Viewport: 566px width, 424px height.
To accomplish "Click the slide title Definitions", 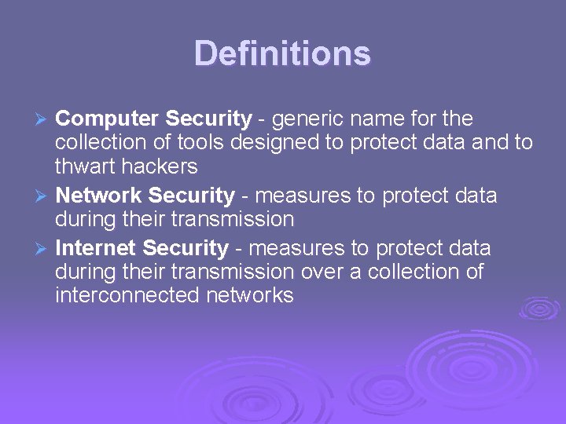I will [x=282, y=53].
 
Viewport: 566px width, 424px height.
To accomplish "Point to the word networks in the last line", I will [x=256, y=296].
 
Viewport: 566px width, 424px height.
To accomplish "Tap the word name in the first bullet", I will [x=380, y=119].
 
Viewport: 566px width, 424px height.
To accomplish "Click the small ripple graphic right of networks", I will [x=538, y=308].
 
